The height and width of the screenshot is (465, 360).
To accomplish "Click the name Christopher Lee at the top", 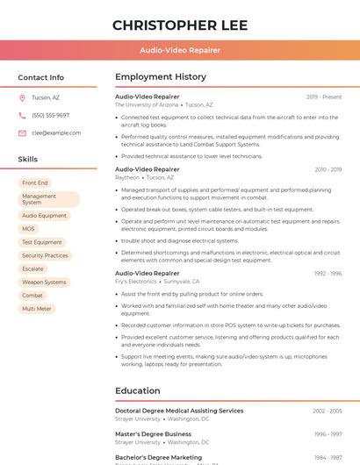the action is point(180,25).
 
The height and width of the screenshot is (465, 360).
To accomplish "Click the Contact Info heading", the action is point(40,77).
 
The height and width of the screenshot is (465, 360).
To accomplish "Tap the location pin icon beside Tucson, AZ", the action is point(22,97).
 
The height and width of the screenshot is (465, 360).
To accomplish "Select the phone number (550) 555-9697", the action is point(50,115).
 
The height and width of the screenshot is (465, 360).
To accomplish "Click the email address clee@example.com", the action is point(56,132).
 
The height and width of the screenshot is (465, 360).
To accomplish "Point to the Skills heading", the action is point(28,160).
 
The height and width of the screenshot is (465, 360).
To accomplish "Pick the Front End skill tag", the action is point(35,182).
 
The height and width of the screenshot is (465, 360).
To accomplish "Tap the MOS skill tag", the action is point(29,228).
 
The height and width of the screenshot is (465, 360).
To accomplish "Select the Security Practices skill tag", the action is point(45,255).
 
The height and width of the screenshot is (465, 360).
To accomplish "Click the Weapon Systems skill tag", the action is point(44,283).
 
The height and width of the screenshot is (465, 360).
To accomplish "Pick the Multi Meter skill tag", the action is point(37,309).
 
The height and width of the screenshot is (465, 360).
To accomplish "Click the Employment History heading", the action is point(161,77).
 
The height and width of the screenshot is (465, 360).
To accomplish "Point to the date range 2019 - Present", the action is point(324,97).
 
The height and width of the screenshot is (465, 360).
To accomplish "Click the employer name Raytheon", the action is point(127,177).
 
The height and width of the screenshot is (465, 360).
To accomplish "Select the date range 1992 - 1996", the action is point(328,273).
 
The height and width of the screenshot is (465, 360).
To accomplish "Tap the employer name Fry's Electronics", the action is point(136,281).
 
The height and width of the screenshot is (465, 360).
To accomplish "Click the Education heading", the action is point(139,390).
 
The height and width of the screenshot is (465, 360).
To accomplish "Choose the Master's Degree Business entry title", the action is point(153,433).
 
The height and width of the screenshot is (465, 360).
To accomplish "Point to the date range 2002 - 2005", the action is point(327,411).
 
